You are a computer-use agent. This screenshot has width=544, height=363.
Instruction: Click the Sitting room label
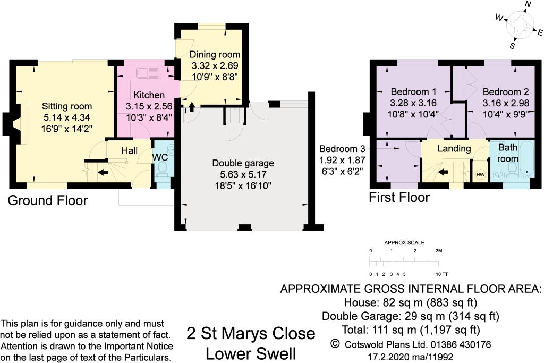tap(67, 106)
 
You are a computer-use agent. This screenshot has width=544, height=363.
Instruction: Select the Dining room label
tap(215, 54)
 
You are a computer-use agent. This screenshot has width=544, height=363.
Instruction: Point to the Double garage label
tap(243, 163)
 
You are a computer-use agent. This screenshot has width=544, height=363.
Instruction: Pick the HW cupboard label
tap(480, 175)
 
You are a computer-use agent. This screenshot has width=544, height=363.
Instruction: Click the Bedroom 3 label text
tap(342, 149)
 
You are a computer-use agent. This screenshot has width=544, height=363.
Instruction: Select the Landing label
tap(454, 148)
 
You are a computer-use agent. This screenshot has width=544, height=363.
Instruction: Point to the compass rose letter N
tap(528, 5)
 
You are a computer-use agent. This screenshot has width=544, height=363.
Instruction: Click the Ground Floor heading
tap(47, 200)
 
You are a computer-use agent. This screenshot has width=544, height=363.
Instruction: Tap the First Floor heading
tap(399, 198)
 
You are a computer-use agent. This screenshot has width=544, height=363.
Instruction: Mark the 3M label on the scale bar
tap(439, 250)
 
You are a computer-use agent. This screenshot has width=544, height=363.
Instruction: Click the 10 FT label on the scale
tap(442, 274)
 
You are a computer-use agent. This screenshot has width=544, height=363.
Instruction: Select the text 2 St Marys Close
tap(251, 334)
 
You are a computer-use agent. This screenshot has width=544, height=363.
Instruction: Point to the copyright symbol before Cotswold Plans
tap(335, 344)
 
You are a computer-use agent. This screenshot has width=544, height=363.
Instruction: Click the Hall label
tap(130, 151)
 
